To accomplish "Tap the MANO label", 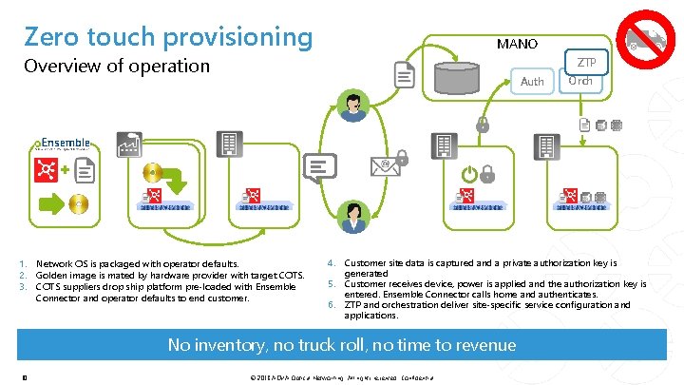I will point(518,44).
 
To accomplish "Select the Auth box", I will point(533,82).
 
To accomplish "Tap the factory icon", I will point(128,145).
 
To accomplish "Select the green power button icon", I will point(467,174).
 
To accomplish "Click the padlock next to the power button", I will point(487,174).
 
